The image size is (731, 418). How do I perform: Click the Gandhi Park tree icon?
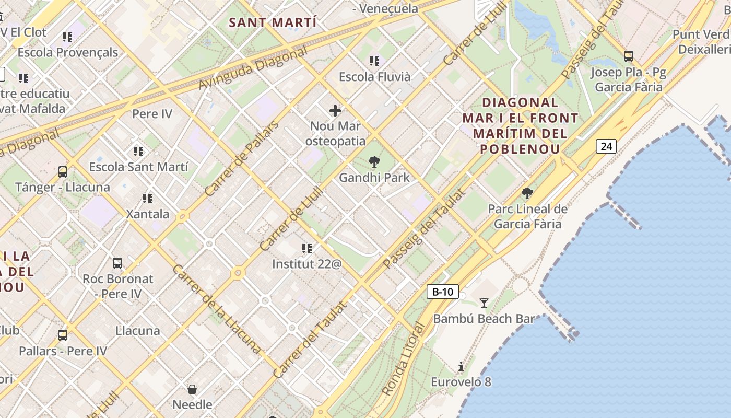[x=374, y=162]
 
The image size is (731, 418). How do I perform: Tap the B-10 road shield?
[x=443, y=292]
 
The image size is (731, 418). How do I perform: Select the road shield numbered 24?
[x=606, y=146]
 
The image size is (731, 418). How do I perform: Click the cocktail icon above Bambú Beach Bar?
[x=484, y=303]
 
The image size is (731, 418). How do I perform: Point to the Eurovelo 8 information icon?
[x=461, y=366]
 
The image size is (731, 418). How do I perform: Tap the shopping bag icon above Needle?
[x=192, y=389]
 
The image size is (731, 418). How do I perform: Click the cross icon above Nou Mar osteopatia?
[x=335, y=111]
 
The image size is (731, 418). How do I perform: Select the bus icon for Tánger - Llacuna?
[x=63, y=171]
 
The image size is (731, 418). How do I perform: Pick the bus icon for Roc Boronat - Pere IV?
[x=117, y=263]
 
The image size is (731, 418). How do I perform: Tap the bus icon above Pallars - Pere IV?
[x=63, y=335]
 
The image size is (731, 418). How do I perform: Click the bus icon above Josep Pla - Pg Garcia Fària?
[x=629, y=56]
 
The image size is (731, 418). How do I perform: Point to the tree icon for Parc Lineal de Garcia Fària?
[x=527, y=193]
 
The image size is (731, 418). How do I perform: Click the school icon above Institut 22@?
[x=307, y=248]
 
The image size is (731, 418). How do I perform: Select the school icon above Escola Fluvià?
[x=374, y=61]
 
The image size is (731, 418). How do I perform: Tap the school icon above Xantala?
[x=148, y=199]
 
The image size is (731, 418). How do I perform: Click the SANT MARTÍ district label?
[x=273, y=22]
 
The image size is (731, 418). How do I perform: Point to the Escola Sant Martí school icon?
[x=138, y=152]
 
